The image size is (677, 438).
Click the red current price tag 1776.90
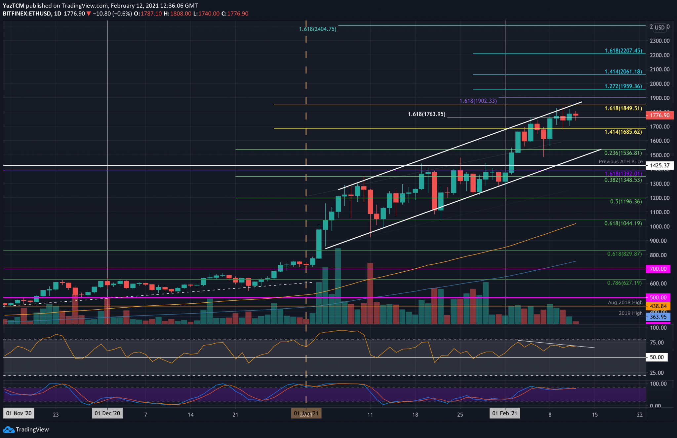point(659,115)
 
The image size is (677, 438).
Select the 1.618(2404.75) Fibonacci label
point(317,29)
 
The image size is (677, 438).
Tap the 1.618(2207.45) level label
point(623,51)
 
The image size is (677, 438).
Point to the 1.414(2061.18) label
point(623,71)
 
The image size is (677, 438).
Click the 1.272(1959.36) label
point(623,86)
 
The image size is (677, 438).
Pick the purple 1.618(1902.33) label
point(478,101)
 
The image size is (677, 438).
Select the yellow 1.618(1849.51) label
point(623,108)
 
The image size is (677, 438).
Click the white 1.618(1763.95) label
point(426,114)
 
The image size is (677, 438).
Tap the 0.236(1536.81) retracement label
point(623,153)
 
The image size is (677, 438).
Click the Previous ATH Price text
point(620,161)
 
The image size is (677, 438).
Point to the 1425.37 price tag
point(659,165)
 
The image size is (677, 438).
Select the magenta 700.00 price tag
point(658,269)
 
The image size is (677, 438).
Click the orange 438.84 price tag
point(658,306)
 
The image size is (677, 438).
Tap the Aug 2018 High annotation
point(625,302)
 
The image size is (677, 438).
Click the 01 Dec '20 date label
point(107,413)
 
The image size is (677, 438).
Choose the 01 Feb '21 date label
point(504,413)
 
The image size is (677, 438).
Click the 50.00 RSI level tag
point(657,357)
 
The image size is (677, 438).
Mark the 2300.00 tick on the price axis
point(659,41)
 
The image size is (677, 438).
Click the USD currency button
point(659,27)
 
